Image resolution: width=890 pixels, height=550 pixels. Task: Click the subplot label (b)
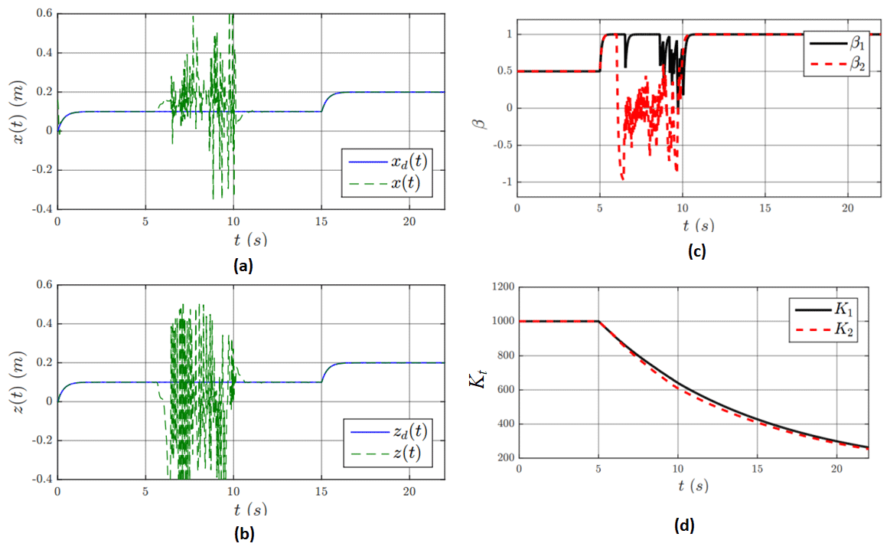(x=242, y=534)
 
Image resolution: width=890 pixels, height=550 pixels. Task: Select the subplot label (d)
(x=683, y=526)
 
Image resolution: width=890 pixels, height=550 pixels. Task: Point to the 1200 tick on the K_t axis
(x=504, y=287)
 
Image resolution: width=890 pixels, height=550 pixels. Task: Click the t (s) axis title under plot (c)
(x=698, y=226)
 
